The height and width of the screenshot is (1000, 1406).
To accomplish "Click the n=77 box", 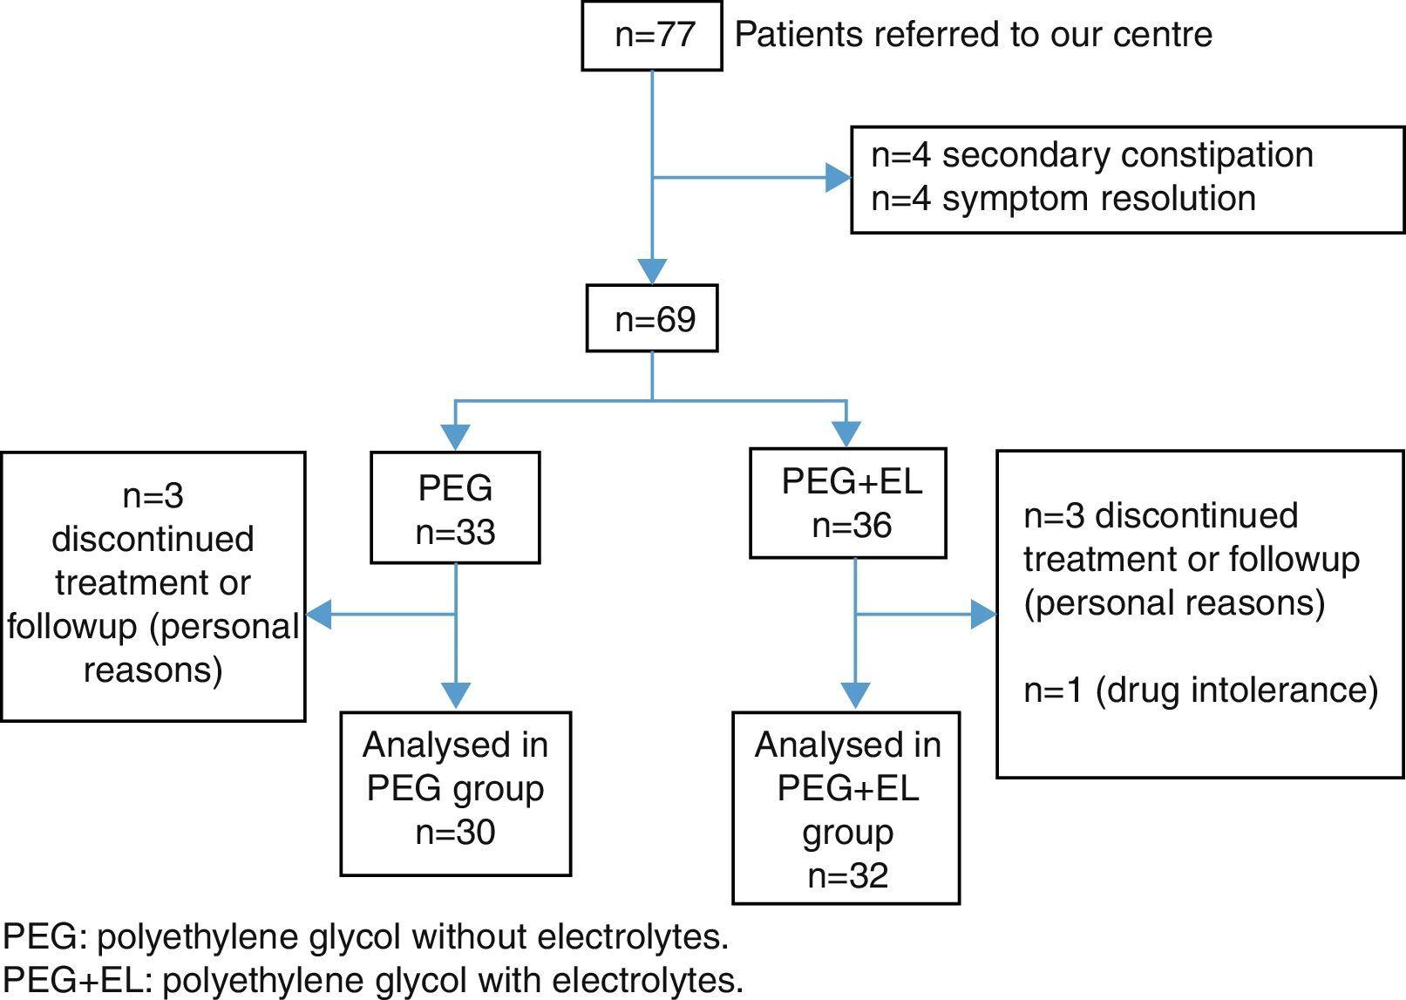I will pyautogui.click(x=652, y=36).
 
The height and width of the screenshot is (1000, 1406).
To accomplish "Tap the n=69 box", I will pyautogui.click(x=652, y=319).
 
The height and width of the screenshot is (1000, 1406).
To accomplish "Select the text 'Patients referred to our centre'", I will pyautogui.click(x=973, y=35).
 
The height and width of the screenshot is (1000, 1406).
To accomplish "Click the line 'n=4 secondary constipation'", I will pyautogui.click(x=1091, y=155).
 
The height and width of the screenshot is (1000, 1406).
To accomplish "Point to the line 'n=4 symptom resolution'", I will pyautogui.click(x=1063, y=199).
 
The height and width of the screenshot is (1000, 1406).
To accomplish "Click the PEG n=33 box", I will pyautogui.click(x=455, y=508).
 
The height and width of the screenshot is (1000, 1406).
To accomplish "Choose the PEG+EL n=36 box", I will pyautogui.click(x=849, y=504).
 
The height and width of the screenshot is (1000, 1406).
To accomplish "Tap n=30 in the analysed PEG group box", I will pyautogui.click(x=455, y=832).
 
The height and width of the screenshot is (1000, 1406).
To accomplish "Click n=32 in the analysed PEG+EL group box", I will pyautogui.click(x=847, y=875).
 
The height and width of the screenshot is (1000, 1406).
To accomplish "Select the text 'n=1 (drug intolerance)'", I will pyautogui.click(x=1200, y=690).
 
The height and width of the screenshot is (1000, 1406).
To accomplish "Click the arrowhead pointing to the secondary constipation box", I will pyautogui.click(x=839, y=179).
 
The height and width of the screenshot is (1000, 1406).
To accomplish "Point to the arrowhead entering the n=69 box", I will pyautogui.click(x=652, y=271).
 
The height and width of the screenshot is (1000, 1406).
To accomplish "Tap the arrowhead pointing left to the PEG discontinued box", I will pyautogui.click(x=319, y=615).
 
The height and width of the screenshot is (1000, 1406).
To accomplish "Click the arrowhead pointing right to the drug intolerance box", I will pyautogui.click(x=984, y=615).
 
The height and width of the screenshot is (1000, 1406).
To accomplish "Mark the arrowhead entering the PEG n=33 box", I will pyautogui.click(x=456, y=437).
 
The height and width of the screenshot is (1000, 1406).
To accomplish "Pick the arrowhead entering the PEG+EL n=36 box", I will pyautogui.click(x=846, y=433).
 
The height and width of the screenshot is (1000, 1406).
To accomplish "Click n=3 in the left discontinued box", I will pyautogui.click(x=153, y=495).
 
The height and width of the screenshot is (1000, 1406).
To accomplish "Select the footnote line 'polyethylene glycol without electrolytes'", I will pyautogui.click(x=365, y=937).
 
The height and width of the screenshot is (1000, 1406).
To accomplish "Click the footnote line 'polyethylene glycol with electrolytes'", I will pyautogui.click(x=373, y=981).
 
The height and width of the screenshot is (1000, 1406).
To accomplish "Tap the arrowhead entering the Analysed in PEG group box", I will pyautogui.click(x=456, y=695).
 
